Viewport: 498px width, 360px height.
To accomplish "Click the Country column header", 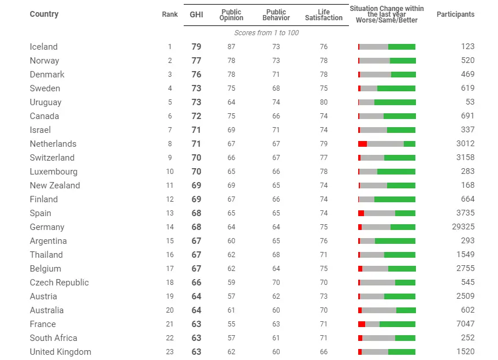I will click(x=44, y=14).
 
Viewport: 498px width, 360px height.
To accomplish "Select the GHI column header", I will click(x=196, y=14).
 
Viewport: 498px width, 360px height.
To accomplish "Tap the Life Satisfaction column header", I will click(x=324, y=15).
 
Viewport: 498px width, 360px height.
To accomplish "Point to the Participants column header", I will click(x=455, y=14).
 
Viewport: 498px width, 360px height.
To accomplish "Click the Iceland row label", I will click(x=44, y=47).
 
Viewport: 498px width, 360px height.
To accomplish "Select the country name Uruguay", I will click(x=46, y=102).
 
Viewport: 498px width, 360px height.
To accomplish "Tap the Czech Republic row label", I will click(x=60, y=283).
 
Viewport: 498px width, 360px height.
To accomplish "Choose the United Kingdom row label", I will click(x=61, y=352).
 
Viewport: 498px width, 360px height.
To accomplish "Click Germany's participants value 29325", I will click(x=463, y=227).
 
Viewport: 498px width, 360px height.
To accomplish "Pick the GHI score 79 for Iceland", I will click(x=196, y=47).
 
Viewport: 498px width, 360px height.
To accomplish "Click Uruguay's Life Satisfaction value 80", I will click(x=324, y=102).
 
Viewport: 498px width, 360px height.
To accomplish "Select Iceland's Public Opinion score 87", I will click(x=231, y=47).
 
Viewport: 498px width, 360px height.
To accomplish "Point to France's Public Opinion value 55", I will click(x=231, y=324).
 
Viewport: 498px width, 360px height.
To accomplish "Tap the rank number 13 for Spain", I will click(x=170, y=213).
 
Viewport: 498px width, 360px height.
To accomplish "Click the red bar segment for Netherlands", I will click(x=362, y=144).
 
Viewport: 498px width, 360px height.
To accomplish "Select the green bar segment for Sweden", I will click(x=396, y=88).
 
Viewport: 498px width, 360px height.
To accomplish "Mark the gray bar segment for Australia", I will click(x=379, y=310).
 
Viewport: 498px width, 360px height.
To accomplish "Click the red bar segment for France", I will click(x=362, y=324).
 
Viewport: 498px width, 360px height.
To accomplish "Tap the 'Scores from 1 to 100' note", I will click(x=266, y=33).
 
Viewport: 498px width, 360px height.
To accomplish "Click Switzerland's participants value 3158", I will click(x=465, y=158).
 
